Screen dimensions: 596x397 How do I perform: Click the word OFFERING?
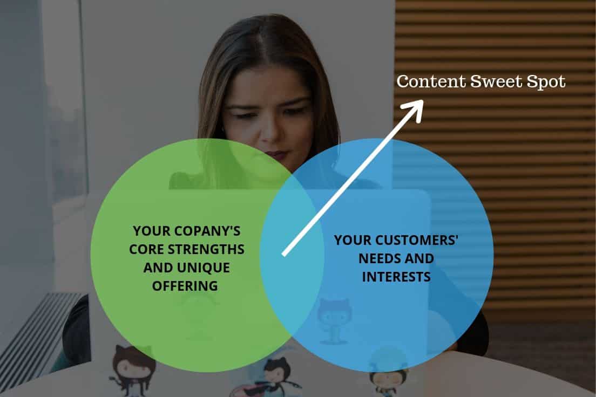pyautogui.click(x=185, y=286)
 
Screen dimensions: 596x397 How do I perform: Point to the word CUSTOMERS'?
pyautogui.click(x=417, y=240)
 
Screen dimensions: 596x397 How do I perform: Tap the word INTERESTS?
pyautogui.click(x=396, y=277)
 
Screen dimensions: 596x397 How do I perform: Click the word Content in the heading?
pyautogui.click(x=431, y=81)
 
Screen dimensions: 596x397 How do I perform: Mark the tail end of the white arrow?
pyautogui.click(x=283, y=255)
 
